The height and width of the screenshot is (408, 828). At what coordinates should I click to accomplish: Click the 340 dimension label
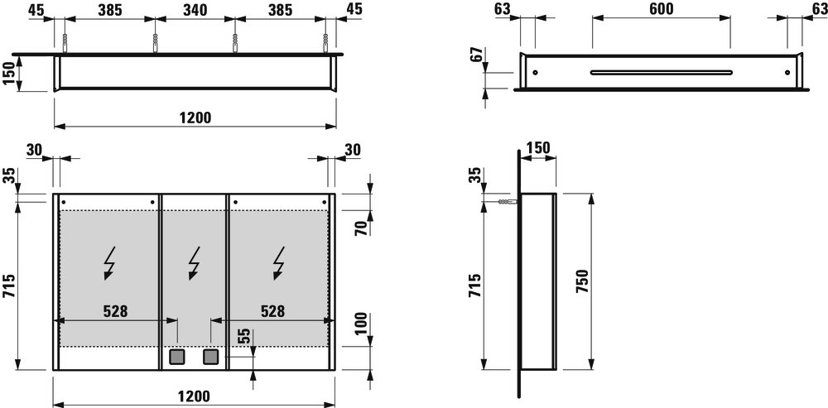pyautogui.click(x=195, y=9)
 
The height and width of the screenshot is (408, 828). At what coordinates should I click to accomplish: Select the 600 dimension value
pyautogui.click(x=661, y=9)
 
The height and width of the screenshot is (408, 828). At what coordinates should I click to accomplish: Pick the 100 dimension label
pyautogui.click(x=362, y=325)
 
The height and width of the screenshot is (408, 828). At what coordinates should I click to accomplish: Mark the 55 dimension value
pyautogui.click(x=244, y=337)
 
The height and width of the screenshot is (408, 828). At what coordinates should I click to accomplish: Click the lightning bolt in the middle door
pyautogui.click(x=195, y=263)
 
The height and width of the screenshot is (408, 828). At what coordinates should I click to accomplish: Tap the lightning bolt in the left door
pyautogui.click(x=111, y=263)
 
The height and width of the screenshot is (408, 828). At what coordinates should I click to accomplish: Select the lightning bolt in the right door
pyautogui.click(x=279, y=263)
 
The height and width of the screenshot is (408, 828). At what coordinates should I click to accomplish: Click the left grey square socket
pyautogui.click(x=176, y=358)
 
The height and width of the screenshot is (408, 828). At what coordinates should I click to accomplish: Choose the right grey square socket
pyautogui.click(x=211, y=358)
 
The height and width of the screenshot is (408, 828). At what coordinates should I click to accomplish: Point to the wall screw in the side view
pyautogui.click(x=507, y=202)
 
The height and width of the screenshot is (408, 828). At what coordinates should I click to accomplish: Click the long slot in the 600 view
pyautogui.click(x=661, y=72)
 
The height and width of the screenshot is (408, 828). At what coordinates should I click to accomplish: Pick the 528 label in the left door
pyautogui.click(x=115, y=311)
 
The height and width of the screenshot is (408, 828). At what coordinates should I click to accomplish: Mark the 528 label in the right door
pyautogui.click(x=272, y=311)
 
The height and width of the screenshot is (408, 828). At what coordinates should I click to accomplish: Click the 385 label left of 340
pyautogui.click(x=109, y=9)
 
